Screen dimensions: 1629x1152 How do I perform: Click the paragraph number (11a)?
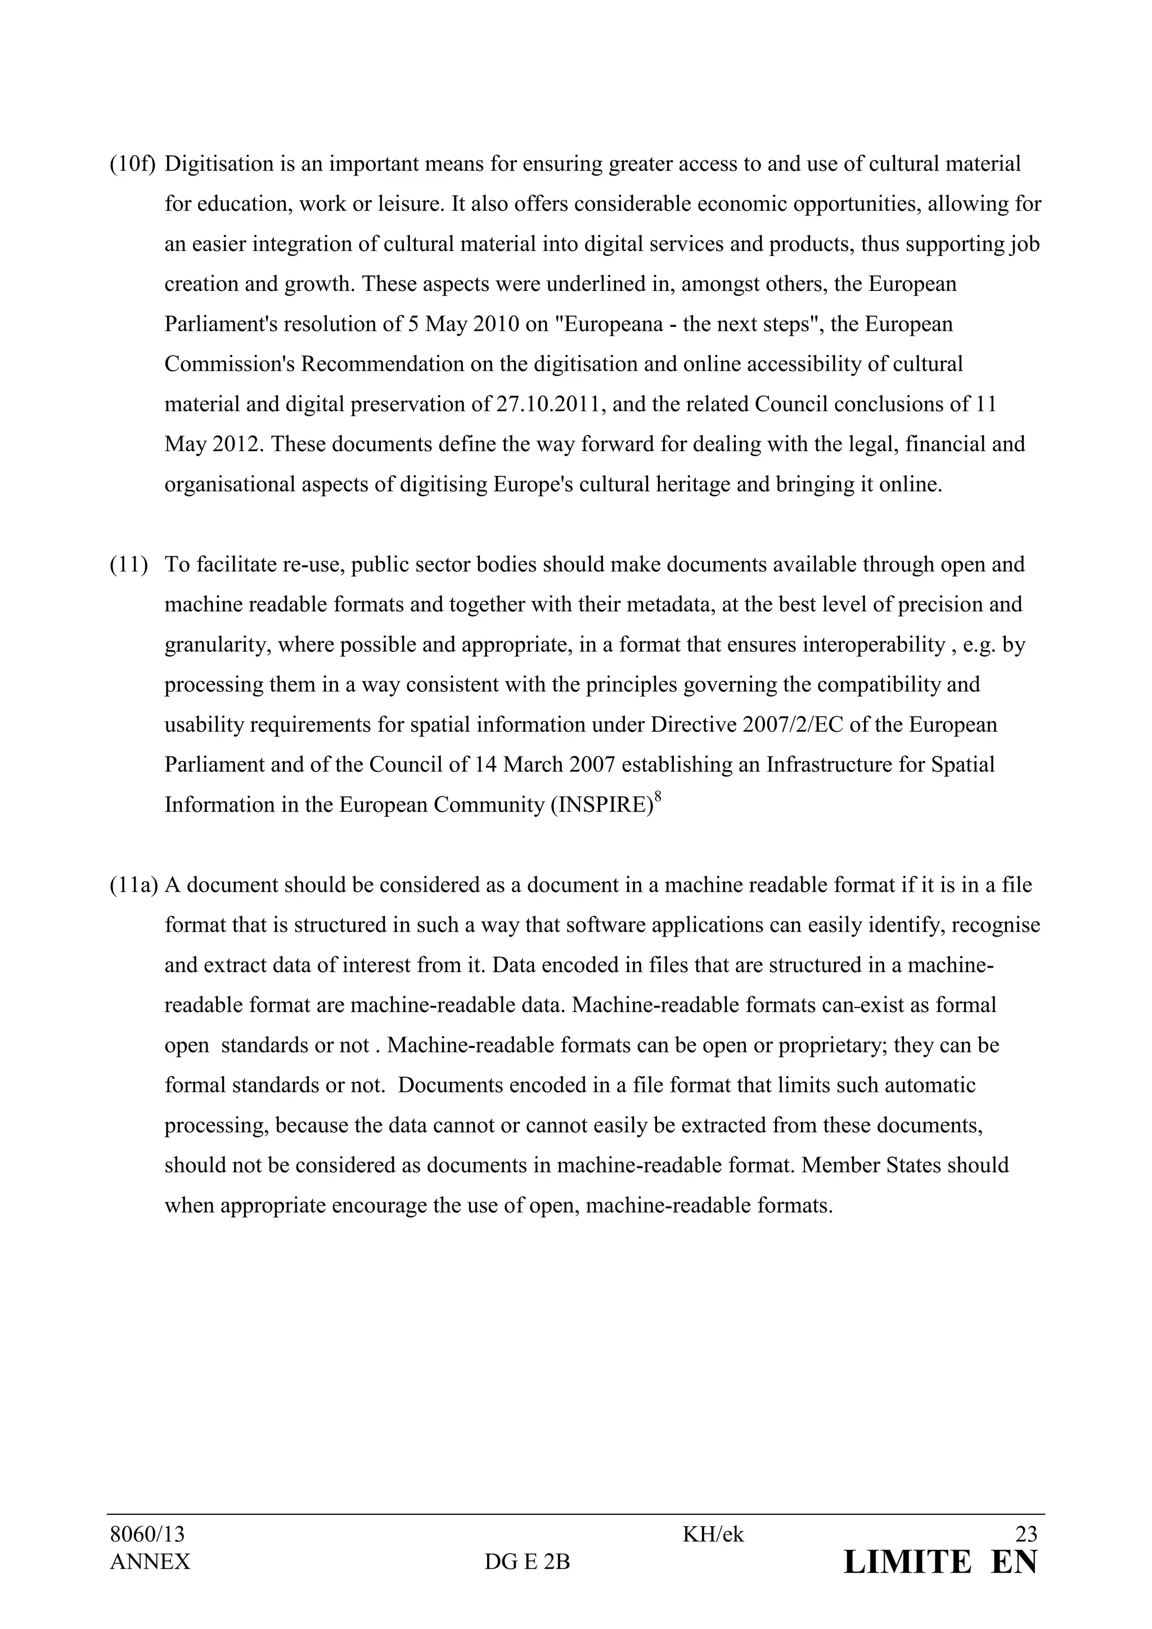click(x=133, y=885)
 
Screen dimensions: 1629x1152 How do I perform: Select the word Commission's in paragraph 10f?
click(x=229, y=364)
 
